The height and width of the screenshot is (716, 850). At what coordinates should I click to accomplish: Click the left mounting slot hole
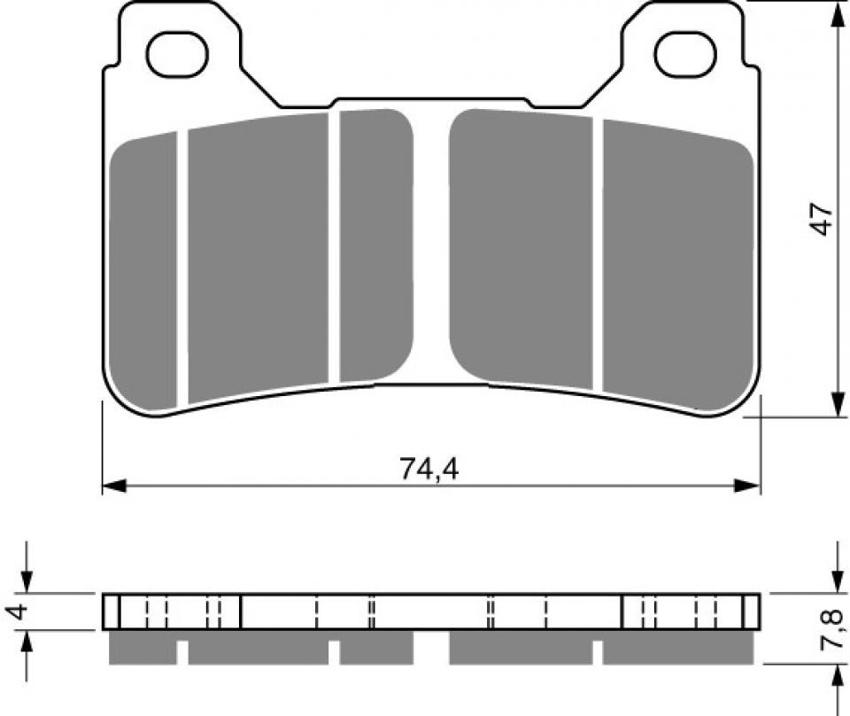[x=177, y=53]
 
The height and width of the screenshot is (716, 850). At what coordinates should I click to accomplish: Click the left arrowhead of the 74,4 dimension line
[x=111, y=486]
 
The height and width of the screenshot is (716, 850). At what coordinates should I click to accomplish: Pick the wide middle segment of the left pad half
[x=257, y=257]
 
